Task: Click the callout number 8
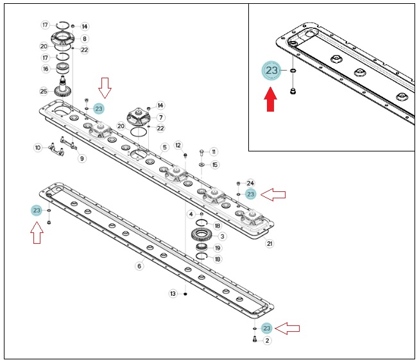click(x=85, y=39)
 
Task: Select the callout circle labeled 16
click(x=46, y=69)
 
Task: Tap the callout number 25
click(x=44, y=91)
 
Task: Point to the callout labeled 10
click(x=38, y=148)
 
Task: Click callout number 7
click(x=161, y=117)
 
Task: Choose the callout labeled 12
click(x=178, y=145)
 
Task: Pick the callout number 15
click(x=215, y=165)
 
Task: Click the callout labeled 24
click(x=250, y=183)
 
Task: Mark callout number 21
click(x=269, y=243)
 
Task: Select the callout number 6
click(x=139, y=266)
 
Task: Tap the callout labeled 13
click(x=173, y=294)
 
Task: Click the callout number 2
click(x=267, y=341)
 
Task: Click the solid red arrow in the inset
click(x=270, y=99)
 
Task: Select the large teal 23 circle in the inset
click(x=271, y=71)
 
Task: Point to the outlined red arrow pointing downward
click(x=105, y=88)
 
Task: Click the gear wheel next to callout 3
click(x=201, y=235)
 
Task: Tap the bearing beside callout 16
click(x=63, y=68)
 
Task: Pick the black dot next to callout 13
click(x=185, y=294)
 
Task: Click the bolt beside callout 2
click(x=254, y=339)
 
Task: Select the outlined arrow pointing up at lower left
click(x=37, y=233)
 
